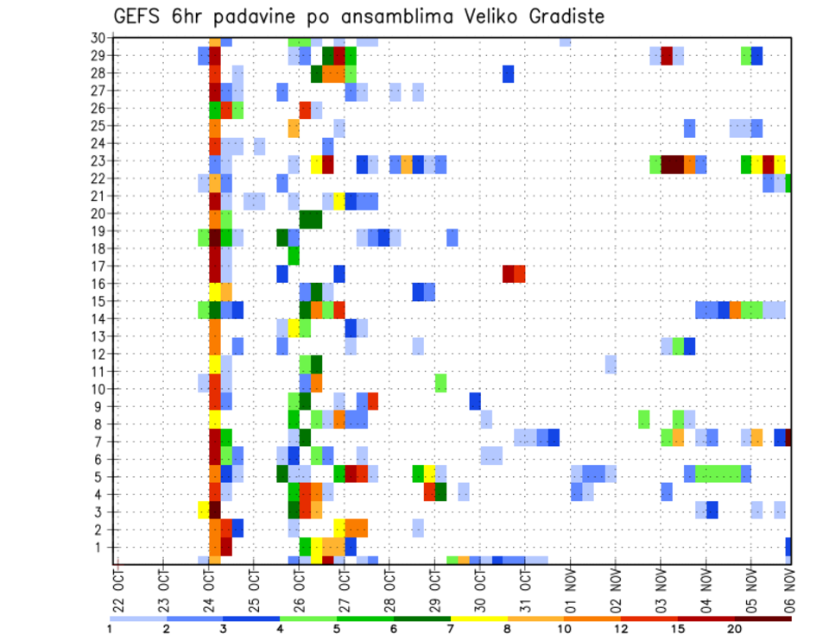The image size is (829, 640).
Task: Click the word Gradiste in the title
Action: coord(560,16)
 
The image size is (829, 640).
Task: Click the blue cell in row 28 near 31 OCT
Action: coord(509,74)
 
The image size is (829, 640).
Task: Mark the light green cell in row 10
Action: coord(440,382)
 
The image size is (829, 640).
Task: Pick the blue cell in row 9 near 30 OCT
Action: coord(475,401)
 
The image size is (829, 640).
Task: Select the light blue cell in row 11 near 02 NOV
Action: coord(611,365)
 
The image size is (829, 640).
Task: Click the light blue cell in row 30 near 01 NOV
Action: coord(565,41)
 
